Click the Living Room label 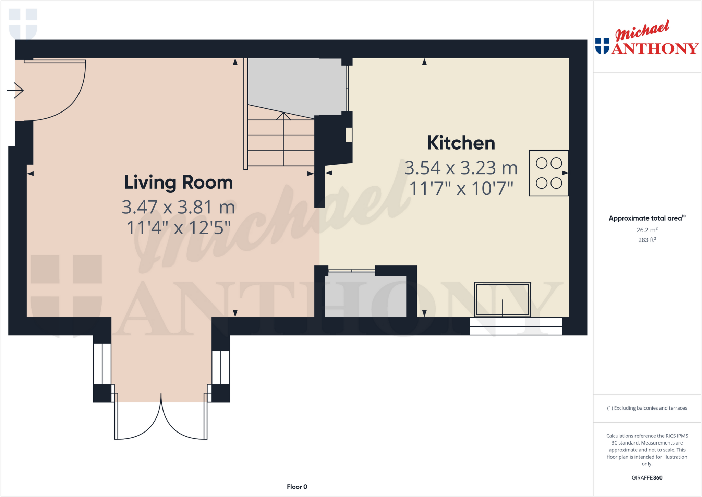pos(178,182)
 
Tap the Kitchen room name pos(461,143)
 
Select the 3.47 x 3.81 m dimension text pos(178,207)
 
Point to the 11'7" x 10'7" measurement pos(461,188)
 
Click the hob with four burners pos(548,173)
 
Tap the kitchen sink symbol pos(502,299)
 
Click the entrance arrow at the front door pos(15,91)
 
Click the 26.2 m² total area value pos(647,230)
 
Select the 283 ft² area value pos(647,240)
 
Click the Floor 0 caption pos(297,487)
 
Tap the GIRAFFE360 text pos(647,478)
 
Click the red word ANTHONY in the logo pos(655,49)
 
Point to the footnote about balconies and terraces pos(647,408)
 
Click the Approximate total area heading pos(646,218)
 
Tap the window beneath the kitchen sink pos(516,326)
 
